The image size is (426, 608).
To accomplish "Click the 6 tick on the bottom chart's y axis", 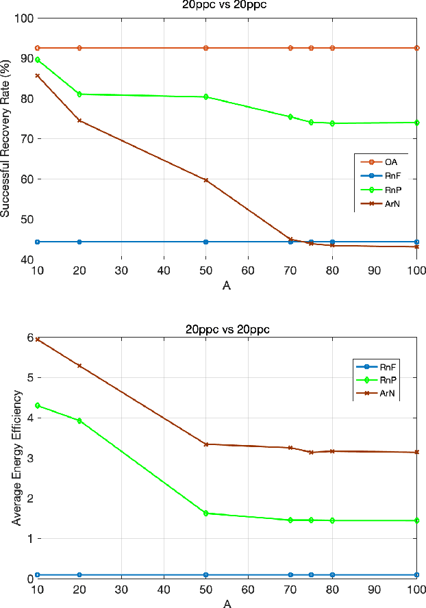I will coord(29,338).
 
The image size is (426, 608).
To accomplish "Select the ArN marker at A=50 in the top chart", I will coord(206,180).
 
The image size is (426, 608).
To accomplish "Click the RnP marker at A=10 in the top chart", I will coord(38,60).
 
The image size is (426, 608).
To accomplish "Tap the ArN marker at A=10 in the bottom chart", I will coord(38,339).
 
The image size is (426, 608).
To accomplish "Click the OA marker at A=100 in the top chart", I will coord(417,48).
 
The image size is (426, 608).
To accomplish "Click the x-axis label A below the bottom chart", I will coord(227,603).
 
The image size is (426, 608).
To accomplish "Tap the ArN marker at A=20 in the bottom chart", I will coord(79,366).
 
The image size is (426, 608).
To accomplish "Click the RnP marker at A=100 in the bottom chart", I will coord(417,520).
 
